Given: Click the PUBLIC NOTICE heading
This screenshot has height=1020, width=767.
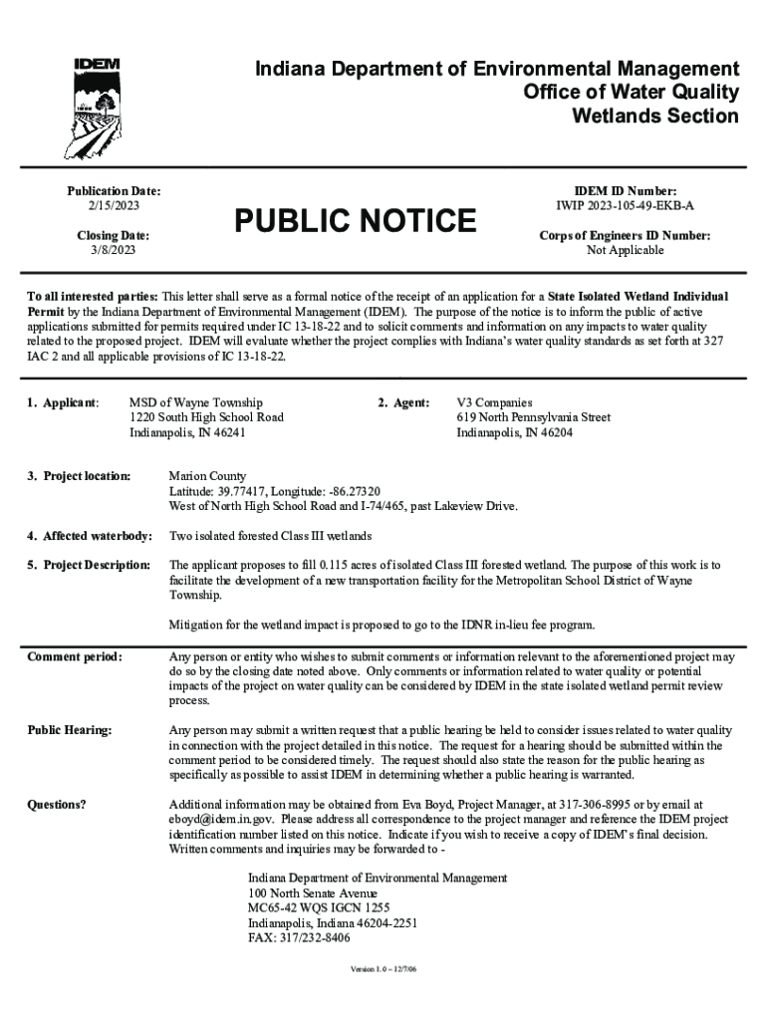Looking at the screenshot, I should (x=355, y=221).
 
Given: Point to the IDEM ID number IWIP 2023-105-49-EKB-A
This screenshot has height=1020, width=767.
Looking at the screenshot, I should (x=625, y=205).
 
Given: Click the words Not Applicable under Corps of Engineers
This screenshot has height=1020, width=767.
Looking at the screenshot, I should (x=625, y=251).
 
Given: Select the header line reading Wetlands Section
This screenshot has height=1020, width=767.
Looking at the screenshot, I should (x=654, y=117).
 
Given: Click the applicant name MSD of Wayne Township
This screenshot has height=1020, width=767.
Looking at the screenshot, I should (x=196, y=402).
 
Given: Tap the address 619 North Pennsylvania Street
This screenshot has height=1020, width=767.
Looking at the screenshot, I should (x=533, y=417).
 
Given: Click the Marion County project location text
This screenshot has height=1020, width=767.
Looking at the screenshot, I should (x=207, y=476).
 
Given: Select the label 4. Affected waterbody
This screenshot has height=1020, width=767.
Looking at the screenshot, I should (x=89, y=537).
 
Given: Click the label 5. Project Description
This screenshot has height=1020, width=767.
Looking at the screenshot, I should (x=89, y=565).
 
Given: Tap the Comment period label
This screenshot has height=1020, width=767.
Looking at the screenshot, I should (x=75, y=657).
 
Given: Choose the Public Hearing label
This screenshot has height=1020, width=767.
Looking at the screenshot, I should (x=70, y=731).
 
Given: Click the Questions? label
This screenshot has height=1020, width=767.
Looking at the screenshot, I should (x=57, y=805).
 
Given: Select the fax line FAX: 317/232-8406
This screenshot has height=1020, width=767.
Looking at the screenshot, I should (x=299, y=937).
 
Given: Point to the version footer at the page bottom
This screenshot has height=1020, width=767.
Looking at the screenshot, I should (x=383, y=970).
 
